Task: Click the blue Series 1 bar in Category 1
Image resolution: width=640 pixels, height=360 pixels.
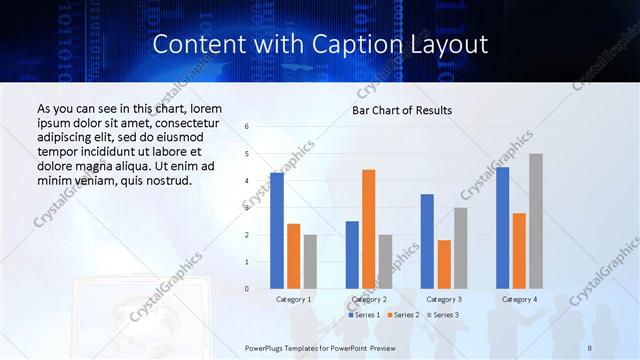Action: (x=277, y=231)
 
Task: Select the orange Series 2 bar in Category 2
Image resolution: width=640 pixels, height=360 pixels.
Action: (x=368, y=229)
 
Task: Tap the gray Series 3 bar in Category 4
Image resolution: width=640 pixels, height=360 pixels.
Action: (x=536, y=221)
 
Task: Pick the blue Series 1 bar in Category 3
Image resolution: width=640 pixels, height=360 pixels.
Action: (x=427, y=241)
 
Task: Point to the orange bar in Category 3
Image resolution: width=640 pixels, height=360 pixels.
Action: (x=444, y=264)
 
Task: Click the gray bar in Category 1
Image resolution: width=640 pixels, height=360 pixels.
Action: (x=310, y=262)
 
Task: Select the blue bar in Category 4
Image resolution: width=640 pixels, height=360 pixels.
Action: (x=503, y=228)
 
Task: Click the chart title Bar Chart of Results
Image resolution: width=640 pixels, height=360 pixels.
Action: (x=402, y=110)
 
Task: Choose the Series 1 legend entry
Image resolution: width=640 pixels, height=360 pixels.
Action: (x=365, y=315)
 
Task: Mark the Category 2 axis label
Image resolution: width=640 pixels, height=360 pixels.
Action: (x=369, y=299)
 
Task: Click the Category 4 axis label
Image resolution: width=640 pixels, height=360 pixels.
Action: (x=519, y=299)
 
